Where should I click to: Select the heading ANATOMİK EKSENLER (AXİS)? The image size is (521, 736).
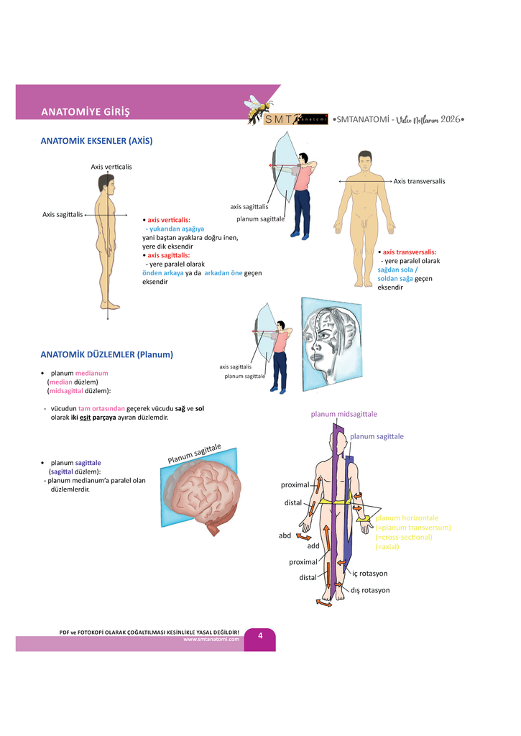tap(96, 141)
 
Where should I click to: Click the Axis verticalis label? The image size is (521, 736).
tap(111, 167)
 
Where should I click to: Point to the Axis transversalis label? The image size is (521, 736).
tap(419, 181)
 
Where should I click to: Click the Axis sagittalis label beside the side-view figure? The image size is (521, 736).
tap(63, 213)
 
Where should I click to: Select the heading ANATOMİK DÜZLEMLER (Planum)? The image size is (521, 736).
tap(107, 354)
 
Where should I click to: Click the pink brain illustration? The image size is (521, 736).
tap(203, 497)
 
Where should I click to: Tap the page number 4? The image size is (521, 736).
tap(260, 635)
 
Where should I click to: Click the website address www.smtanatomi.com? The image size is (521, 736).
tap(211, 639)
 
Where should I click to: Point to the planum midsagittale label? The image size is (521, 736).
tap(344, 414)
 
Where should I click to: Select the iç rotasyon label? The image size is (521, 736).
tap(369, 574)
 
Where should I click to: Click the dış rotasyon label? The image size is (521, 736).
tap(370, 590)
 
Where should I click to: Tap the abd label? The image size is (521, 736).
tap(285, 535)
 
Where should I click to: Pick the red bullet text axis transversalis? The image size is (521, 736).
tap(409, 252)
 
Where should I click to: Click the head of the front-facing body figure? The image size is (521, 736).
tap(365, 162)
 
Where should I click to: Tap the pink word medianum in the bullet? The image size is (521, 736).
tap(91, 373)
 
